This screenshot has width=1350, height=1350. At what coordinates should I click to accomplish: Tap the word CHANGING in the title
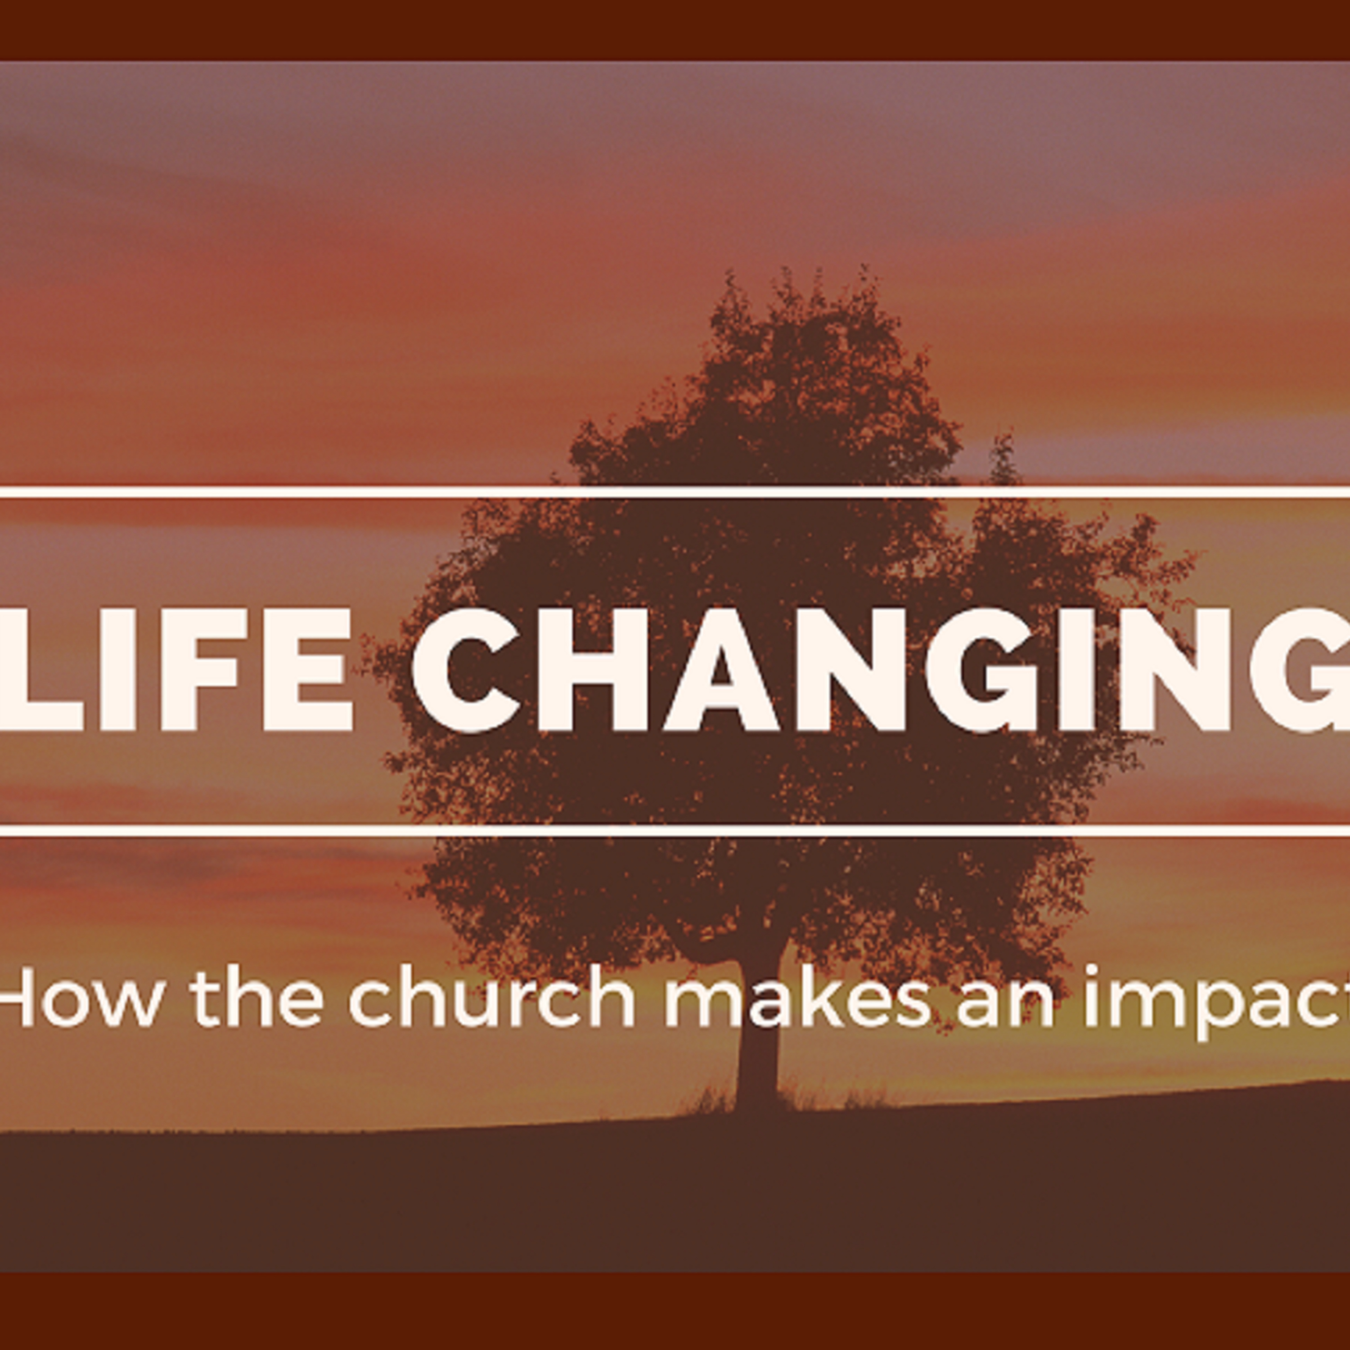[x=881, y=670]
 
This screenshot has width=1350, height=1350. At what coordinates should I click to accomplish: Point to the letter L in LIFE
[x=42, y=670]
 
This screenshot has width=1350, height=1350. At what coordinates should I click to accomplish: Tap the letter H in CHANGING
[x=594, y=670]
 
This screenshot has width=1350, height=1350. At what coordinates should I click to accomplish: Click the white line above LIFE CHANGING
[x=675, y=492]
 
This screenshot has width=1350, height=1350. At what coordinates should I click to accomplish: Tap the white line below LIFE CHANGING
[x=675, y=830]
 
